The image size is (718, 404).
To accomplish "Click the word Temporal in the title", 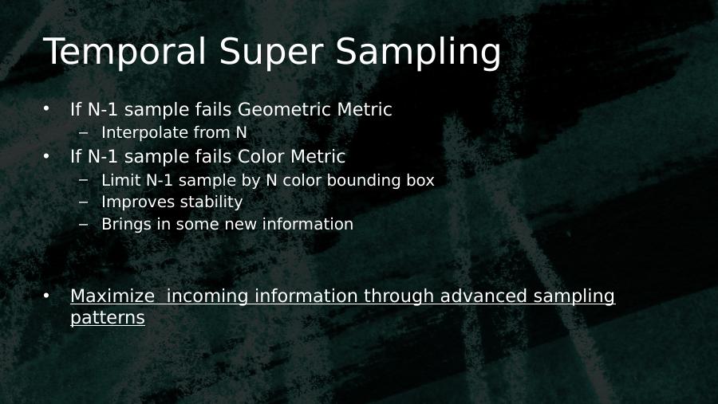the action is (x=125, y=52).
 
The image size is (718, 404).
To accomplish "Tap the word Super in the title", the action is (x=271, y=52).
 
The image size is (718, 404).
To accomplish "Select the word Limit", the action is (x=121, y=180).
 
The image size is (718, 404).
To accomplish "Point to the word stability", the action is (x=209, y=202).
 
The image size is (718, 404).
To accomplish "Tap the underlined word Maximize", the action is (x=112, y=296).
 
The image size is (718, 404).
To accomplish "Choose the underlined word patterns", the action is (x=108, y=318).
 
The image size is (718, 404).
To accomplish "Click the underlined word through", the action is (x=399, y=296).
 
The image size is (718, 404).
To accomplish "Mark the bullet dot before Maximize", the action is (x=46, y=296).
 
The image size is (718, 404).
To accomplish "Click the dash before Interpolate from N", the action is (x=83, y=133).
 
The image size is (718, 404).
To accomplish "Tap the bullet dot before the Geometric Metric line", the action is (x=46, y=109).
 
